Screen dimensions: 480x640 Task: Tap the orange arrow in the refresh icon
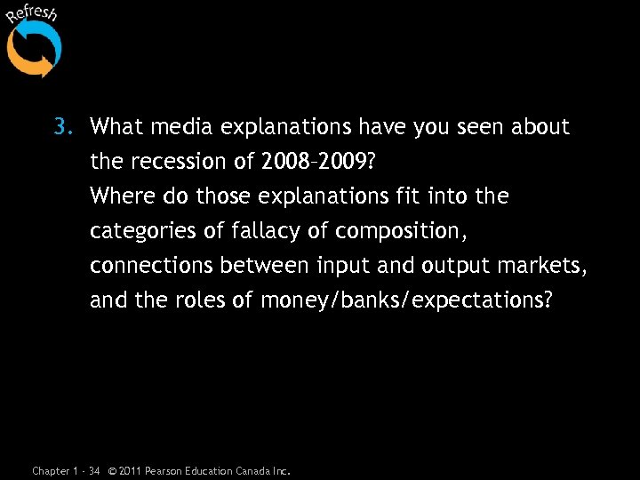[27, 60]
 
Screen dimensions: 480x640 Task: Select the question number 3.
[60, 127]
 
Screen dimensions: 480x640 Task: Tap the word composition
[404, 231]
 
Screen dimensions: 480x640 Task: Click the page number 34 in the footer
[94, 470]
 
